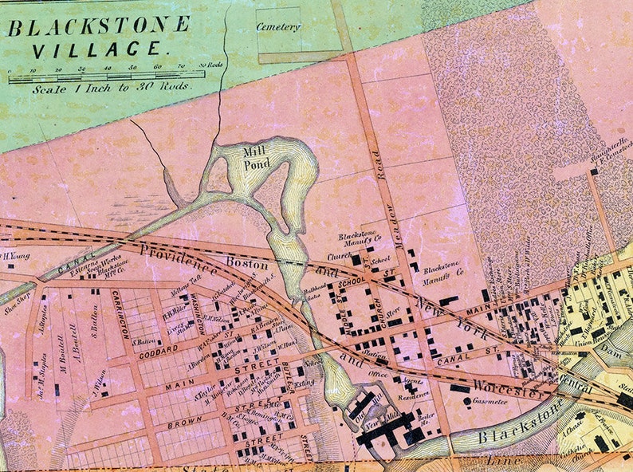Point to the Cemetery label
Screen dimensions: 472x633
point(278,27)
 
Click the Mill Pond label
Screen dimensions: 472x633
point(258,158)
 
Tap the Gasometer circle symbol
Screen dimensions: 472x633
point(466,401)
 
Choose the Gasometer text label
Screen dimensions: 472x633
point(490,401)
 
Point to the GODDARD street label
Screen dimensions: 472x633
point(159,349)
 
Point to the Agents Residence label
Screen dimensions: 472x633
point(414,388)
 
